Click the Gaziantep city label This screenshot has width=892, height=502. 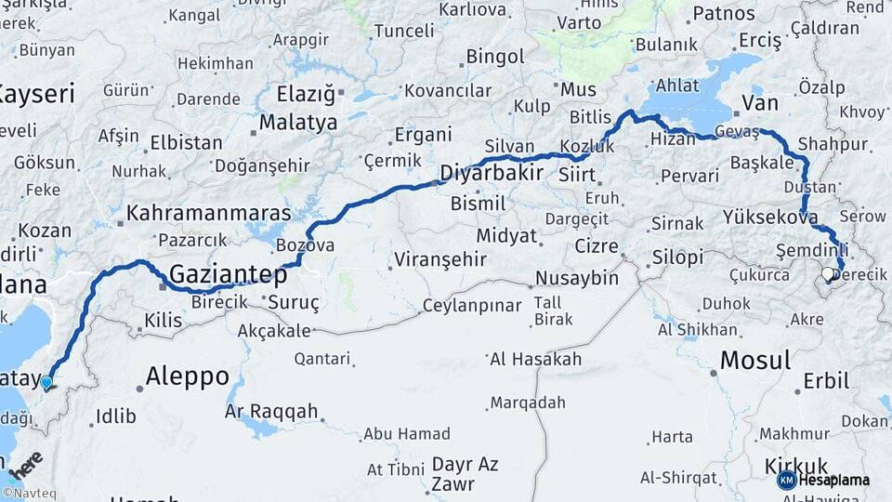(x=228, y=273)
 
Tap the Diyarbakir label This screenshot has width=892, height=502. (x=491, y=172)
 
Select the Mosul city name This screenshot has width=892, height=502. (x=755, y=360)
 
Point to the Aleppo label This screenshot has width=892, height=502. (x=188, y=376)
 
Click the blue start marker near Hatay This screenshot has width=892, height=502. (x=46, y=381)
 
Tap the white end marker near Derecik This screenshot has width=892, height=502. (x=828, y=274)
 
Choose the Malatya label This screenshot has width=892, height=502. (x=299, y=122)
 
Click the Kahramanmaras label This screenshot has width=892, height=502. (x=209, y=212)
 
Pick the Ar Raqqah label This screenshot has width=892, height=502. (x=271, y=411)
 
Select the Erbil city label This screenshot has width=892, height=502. (x=825, y=380)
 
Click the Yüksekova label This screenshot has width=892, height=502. (x=770, y=218)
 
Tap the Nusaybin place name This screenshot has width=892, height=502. (x=577, y=278)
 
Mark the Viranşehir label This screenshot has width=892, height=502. (x=440, y=258)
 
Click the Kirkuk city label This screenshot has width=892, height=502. (x=795, y=466)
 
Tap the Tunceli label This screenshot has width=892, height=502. (x=403, y=31)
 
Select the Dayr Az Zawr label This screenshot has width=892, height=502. (x=466, y=473)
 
